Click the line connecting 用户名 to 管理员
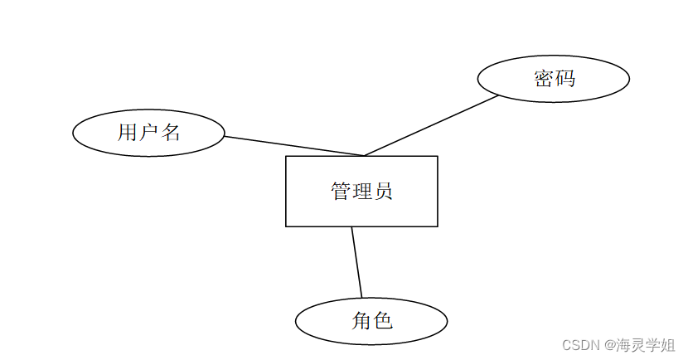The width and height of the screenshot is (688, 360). click(294, 146)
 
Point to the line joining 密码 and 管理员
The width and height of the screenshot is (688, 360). click(431, 125)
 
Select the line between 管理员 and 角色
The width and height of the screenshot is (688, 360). click(356, 261)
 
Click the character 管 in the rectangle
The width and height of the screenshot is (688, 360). click(341, 192)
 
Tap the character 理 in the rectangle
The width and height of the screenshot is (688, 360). click(361, 192)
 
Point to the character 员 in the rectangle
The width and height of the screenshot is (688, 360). click(382, 192)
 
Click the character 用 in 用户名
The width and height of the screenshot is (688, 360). click(128, 132)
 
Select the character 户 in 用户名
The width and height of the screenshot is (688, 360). click(148, 132)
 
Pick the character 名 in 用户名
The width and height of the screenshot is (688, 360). click(170, 132)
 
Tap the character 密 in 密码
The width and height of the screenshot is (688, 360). click(544, 79)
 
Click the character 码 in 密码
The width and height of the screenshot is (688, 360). click(564, 79)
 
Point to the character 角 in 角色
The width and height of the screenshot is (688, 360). click(361, 321)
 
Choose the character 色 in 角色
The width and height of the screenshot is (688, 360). click(382, 321)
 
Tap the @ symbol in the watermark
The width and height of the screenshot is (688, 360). click(609, 344)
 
